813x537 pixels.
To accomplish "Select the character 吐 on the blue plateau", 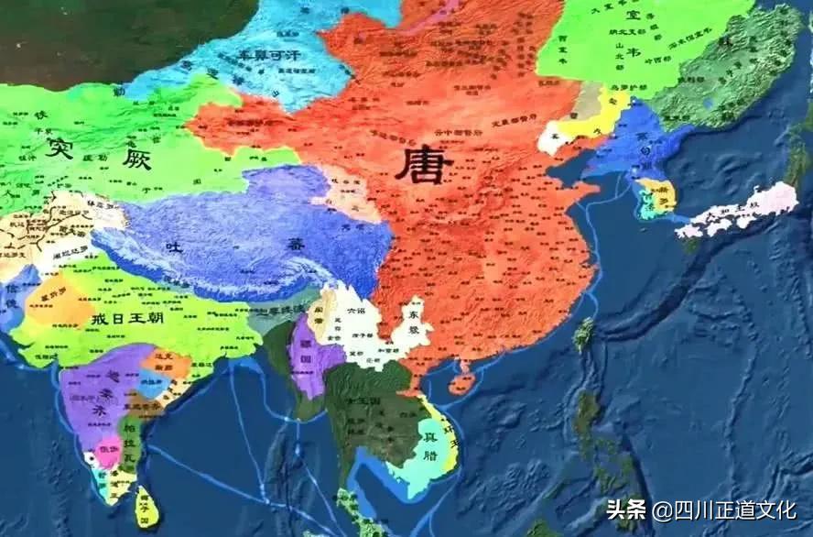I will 172,246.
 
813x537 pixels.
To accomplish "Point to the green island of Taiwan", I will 583,335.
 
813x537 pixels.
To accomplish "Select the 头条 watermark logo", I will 627,510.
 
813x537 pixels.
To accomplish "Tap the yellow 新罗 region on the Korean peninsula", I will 661,194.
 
